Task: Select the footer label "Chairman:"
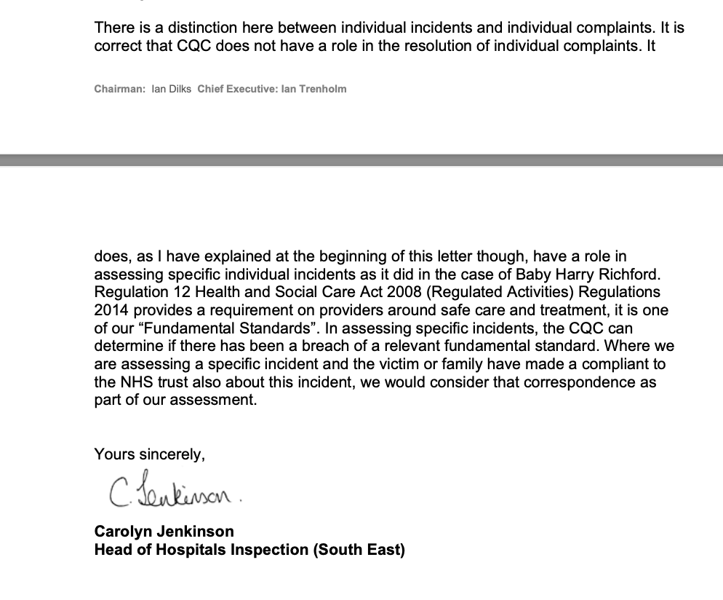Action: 120,89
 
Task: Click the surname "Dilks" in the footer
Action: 179,89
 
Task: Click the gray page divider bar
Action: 361,159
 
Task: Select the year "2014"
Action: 111,310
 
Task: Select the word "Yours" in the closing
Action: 114,454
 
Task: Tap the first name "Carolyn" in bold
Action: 124,532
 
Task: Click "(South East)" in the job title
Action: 359,550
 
